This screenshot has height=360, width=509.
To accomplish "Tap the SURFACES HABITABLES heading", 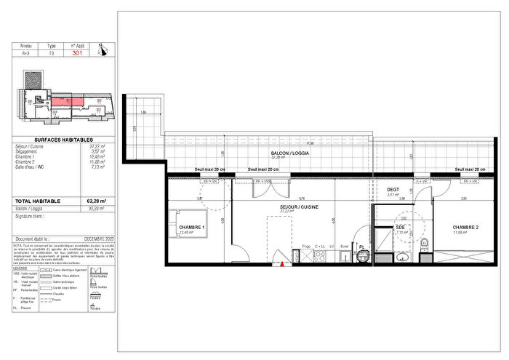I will [x=64, y=139].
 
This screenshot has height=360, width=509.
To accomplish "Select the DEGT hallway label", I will [x=393, y=189].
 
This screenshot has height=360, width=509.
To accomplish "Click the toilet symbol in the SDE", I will [x=430, y=245].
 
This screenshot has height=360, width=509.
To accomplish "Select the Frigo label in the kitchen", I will [x=306, y=247].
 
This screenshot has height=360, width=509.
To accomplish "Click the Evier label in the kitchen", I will [x=345, y=247].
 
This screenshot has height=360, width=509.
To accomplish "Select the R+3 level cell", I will [x=25, y=53].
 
